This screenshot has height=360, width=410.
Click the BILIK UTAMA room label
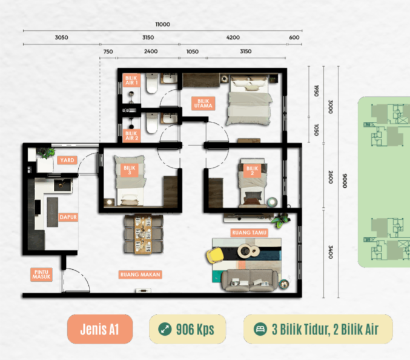203,104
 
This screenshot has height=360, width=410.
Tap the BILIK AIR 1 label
131,80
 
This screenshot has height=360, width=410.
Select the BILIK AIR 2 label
131,136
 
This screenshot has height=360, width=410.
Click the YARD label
67,160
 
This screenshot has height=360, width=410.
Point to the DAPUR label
68,217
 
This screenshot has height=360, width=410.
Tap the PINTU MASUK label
41,275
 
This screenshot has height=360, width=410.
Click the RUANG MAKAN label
140,275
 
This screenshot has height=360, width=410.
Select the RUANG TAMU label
249,233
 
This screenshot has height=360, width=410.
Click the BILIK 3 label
130,170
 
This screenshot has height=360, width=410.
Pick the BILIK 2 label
252,170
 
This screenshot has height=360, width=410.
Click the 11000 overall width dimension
163,24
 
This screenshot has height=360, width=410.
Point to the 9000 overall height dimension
345,181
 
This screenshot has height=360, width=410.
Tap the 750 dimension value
108,52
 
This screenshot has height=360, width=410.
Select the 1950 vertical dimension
316,90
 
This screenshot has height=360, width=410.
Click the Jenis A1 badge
100,329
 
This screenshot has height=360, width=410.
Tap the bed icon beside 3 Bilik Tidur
260,329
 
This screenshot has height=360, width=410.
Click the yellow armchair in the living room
215,255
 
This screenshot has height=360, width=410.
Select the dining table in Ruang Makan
143,234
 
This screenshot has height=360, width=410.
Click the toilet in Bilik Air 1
152,83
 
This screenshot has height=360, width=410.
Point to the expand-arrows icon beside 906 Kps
165,329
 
